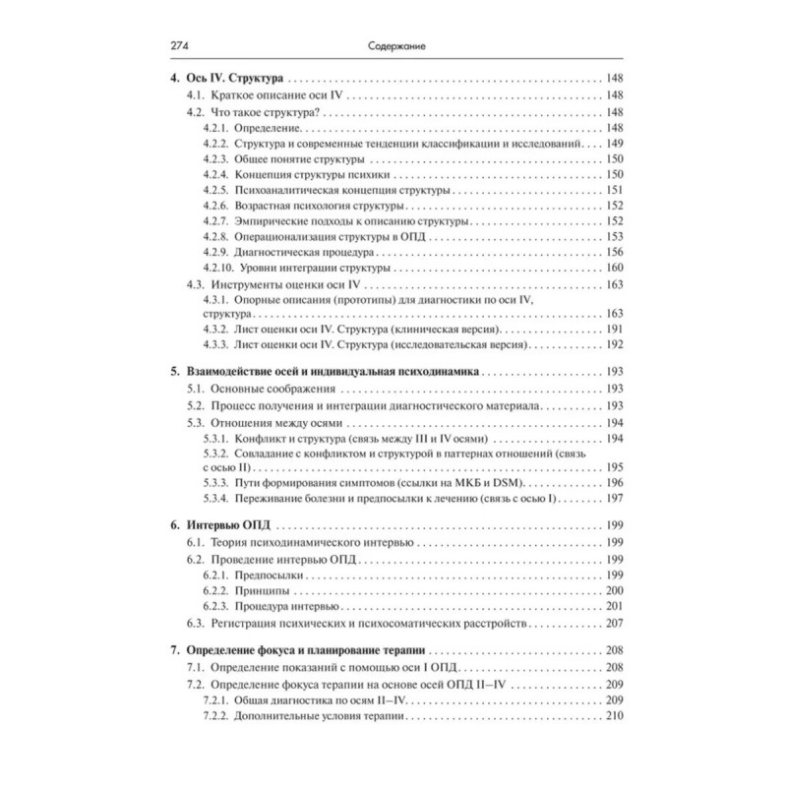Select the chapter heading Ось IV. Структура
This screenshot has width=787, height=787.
click(227, 77)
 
